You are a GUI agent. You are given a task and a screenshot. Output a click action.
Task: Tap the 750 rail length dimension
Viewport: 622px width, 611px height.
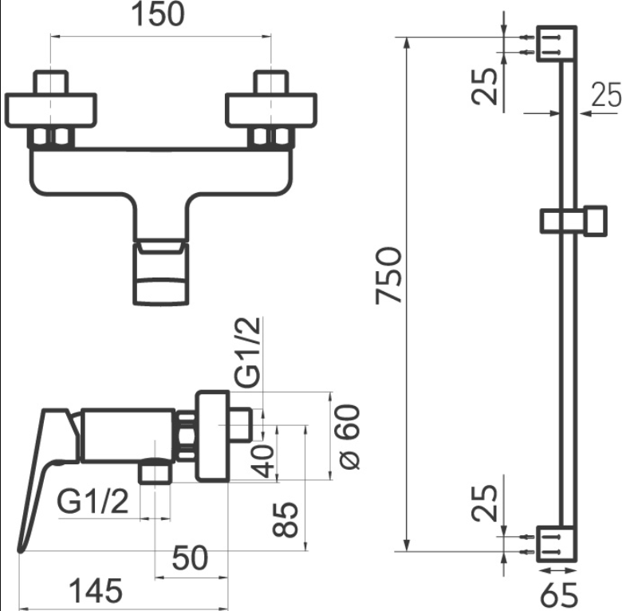point(388,275)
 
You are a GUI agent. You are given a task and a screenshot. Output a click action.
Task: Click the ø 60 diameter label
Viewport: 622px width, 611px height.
point(348,437)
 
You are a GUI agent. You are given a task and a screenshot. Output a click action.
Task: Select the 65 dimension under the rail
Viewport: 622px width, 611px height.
point(558,593)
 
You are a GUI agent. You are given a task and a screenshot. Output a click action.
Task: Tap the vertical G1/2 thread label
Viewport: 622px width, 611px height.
point(249,351)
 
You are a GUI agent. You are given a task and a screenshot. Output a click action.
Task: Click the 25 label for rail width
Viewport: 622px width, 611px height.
point(605,96)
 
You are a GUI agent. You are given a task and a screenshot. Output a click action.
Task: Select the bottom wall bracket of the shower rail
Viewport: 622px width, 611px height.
point(557,542)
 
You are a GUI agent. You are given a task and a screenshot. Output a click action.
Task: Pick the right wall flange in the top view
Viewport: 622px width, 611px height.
point(273,110)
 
